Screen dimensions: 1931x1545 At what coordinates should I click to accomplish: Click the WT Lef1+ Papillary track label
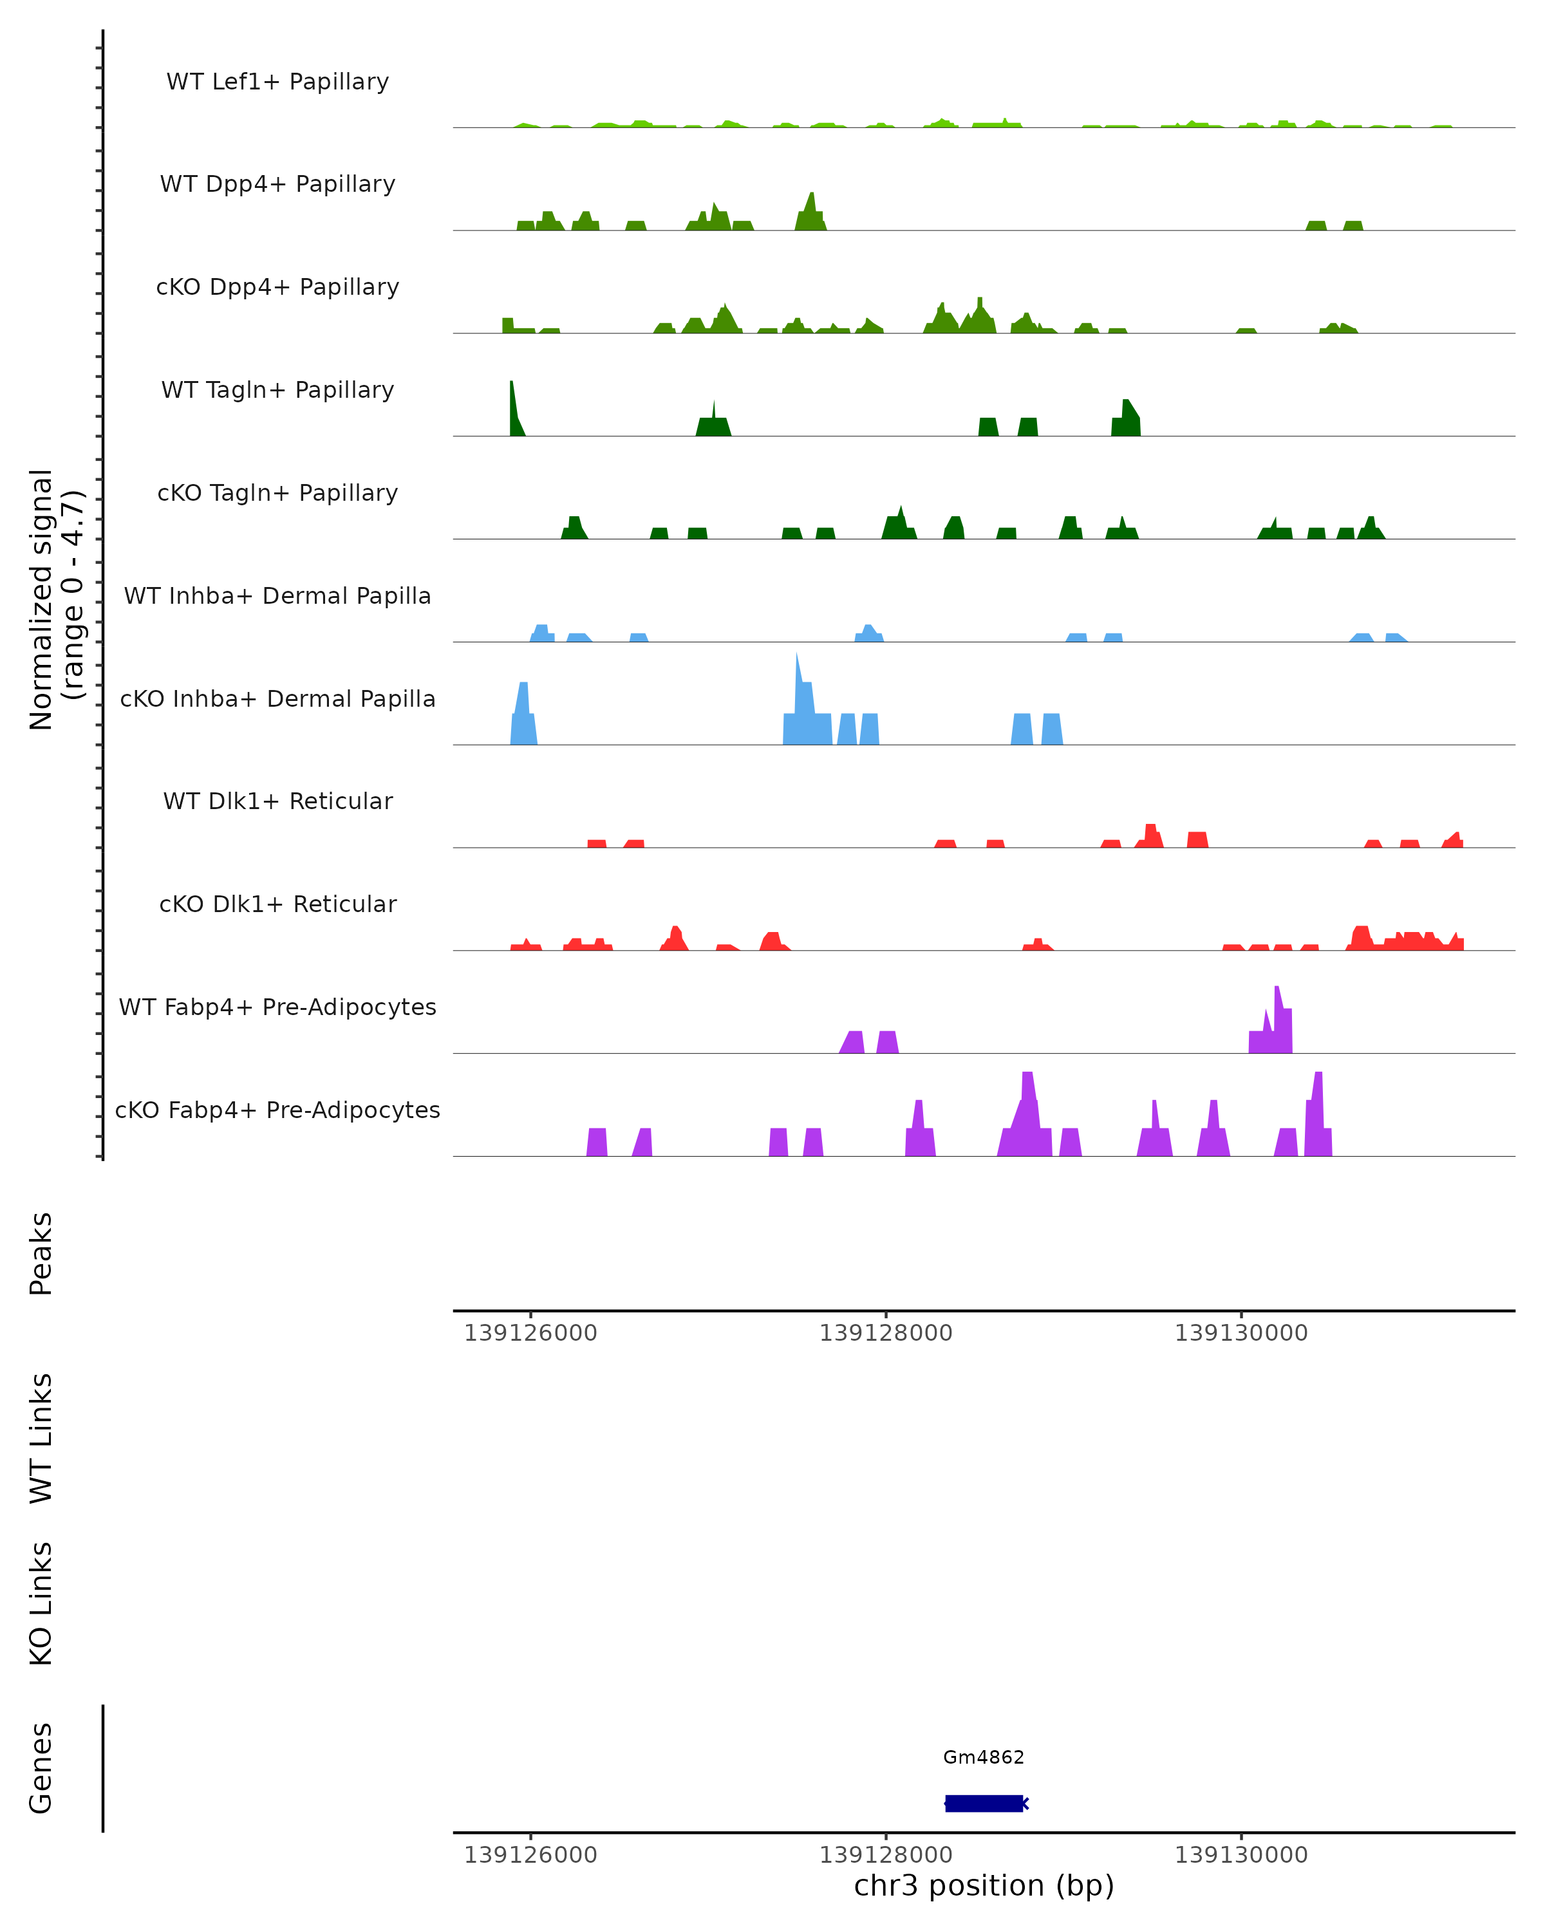pyautogui.click(x=277, y=82)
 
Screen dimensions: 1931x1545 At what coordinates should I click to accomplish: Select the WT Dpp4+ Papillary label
pyautogui.click(x=277, y=185)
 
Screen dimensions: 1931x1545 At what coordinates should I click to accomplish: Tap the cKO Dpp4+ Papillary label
pyautogui.click(x=277, y=288)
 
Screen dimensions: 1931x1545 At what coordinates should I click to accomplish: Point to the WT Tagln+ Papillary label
pyautogui.click(x=277, y=391)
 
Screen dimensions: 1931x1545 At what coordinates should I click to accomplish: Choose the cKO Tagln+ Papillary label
pyautogui.click(x=277, y=494)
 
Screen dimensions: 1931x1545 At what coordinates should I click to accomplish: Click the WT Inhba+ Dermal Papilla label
pyautogui.click(x=277, y=597)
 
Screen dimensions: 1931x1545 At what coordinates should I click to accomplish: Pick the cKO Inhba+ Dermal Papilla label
pyautogui.click(x=277, y=700)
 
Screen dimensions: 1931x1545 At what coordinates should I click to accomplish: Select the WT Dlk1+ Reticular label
pyautogui.click(x=277, y=801)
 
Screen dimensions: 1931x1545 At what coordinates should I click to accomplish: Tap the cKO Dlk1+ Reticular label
pyautogui.click(x=277, y=904)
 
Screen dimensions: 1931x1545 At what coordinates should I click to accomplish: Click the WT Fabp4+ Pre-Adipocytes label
pyautogui.click(x=277, y=1007)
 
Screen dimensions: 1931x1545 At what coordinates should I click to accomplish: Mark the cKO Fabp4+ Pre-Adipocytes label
pyautogui.click(x=277, y=1110)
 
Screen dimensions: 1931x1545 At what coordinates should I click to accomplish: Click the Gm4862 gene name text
pyautogui.click(x=984, y=1757)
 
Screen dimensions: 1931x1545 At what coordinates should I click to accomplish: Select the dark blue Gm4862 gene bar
pyautogui.click(x=984, y=1803)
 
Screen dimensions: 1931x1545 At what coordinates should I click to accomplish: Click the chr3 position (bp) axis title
pyautogui.click(x=984, y=1885)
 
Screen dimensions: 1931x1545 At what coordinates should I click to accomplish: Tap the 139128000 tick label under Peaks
pyautogui.click(x=886, y=1333)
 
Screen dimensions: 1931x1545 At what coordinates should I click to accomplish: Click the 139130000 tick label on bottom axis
pyautogui.click(x=1241, y=1855)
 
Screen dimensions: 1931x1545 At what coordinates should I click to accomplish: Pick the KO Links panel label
pyautogui.click(x=41, y=1603)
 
